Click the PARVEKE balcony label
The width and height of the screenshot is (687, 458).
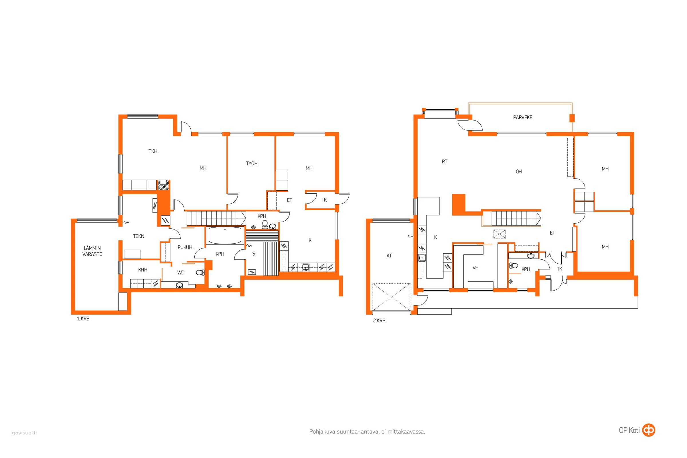point(523,117)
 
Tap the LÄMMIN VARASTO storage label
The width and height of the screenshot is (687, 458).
point(92,251)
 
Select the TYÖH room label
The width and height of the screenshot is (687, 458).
point(252,163)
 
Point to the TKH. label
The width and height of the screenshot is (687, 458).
point(153,151)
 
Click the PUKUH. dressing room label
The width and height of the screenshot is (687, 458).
point(185,247)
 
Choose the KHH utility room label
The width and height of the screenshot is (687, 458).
point(143,270)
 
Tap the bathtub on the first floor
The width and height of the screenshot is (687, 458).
point(225,235)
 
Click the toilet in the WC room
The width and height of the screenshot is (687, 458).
point(200,273)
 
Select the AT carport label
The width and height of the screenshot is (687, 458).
point(389,256)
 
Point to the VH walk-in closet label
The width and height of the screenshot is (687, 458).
point(475,268)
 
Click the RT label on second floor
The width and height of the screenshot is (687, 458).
point(445,161)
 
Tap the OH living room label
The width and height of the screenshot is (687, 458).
point(518,171)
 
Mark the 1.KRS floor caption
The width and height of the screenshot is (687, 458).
point(83,319)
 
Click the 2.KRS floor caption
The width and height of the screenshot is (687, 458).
point(379,320)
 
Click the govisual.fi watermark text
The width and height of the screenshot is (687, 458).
point(25,433)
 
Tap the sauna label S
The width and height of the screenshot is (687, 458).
point(254,254)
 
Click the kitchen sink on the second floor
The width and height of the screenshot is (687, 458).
point(421,258)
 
